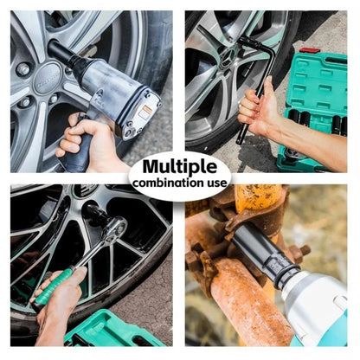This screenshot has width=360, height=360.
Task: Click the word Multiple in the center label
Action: (x=179, y=167)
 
